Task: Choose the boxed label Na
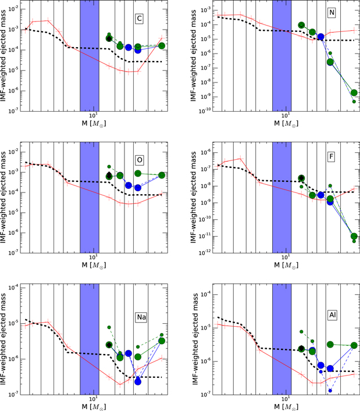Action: [x=141, y=317]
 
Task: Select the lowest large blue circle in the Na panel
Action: [x=138, y=381]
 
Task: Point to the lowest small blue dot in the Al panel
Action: [x=330, y=391]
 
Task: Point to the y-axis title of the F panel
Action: [x=194, y=198]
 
